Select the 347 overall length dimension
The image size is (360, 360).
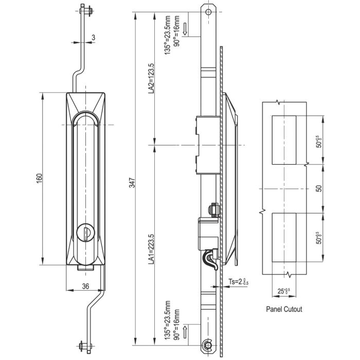(132, 183)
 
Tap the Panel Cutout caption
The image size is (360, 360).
(284, 310)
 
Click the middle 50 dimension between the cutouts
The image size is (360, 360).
(319, 189)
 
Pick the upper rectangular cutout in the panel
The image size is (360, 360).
(283, 140)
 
